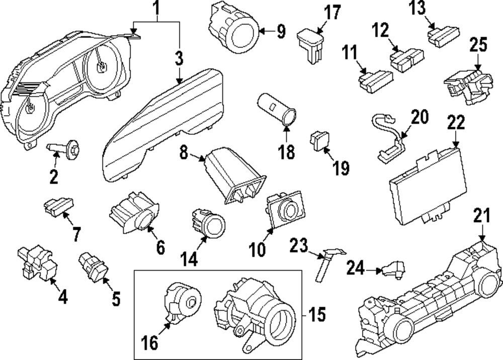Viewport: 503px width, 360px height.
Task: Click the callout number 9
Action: pos(280,32)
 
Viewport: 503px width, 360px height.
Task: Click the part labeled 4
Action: pos(35,262)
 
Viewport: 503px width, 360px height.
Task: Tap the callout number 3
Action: pos(179,59)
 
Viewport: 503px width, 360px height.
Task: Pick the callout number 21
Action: pos(481,218)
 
